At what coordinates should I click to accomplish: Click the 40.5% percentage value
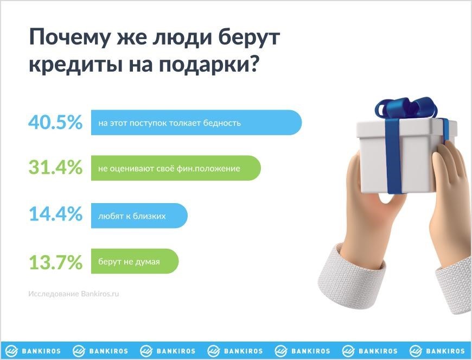pos(55,122)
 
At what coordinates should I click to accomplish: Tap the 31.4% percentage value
pos(55,167)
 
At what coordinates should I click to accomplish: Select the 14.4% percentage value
pos(55,214)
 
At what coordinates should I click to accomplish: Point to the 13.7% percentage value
pos(55,262)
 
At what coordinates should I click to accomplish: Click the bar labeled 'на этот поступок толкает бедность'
pos(196,123)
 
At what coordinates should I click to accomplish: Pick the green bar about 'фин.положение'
pos(176,168)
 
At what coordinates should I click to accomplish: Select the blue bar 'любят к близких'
pos(139,216)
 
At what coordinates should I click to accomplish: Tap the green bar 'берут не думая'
pos(135,261)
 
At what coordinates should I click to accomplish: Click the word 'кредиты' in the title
pos(76,64)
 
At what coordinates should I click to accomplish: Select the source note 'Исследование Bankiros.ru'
pos(73,294)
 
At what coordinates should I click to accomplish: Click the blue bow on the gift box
pos(406,108)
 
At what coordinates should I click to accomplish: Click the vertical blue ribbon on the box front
pos(394,156)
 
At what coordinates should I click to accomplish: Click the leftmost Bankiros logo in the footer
pos(33,351)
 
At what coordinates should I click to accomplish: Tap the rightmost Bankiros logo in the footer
pos(437,351)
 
